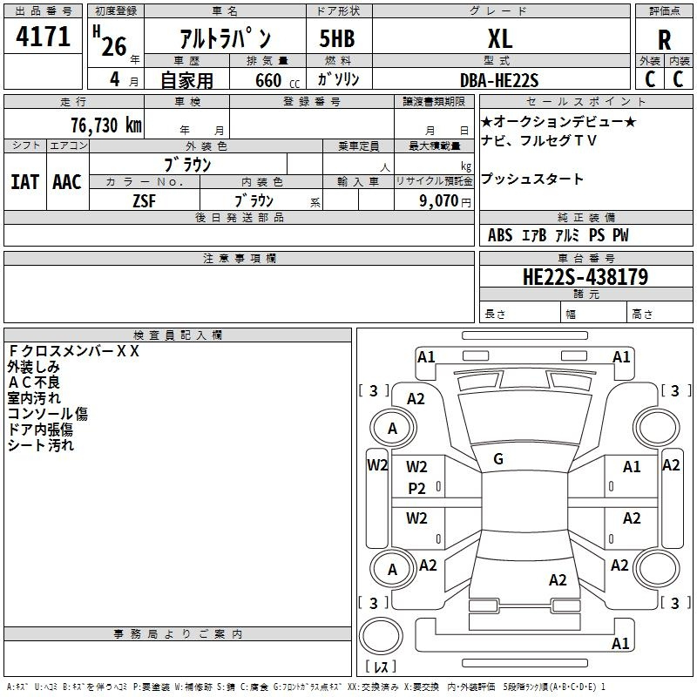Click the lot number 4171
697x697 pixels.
(43, 37)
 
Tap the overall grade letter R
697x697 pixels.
(664, 40)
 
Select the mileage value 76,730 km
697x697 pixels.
(106, 125)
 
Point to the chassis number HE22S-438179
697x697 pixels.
(585, 277)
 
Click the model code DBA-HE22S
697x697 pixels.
(499, 80)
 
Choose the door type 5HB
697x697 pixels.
(337, 38)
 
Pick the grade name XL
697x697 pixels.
(500, 38)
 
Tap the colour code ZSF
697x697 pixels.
(145, 201)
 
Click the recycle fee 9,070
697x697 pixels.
(438, 201)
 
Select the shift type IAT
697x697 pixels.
(25, 182)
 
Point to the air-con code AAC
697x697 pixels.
(67, 182)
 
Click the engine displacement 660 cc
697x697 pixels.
(277, 80)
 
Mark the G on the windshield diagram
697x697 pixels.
(498, 459)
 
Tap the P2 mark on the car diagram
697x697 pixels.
(416, 489)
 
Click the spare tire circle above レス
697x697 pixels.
(381, 636)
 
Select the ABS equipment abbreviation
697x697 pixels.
(500, 235)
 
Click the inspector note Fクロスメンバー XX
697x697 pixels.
(74, 351)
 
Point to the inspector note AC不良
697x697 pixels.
(34, 382)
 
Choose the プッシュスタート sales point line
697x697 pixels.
(532, 179)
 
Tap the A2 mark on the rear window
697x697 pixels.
(558, 579)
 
